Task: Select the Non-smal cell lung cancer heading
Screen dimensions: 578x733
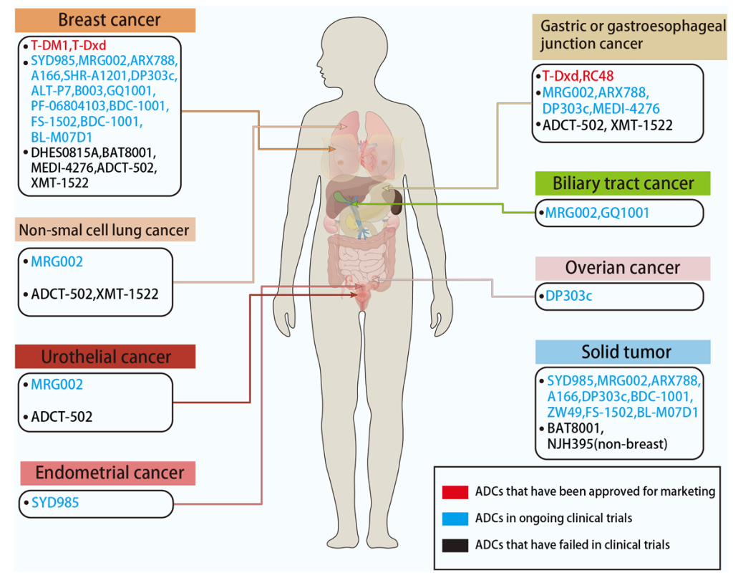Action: coord(104,231)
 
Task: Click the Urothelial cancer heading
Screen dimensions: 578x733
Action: coord(106,357)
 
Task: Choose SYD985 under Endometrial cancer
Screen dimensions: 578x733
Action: coord(55,503)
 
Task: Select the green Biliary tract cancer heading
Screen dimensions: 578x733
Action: coord(623,183)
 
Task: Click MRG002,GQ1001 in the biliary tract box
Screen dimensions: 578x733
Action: coord(597,213)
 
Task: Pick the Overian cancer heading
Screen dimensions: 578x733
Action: coord(623,268)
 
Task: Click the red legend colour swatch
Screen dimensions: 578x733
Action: coord(454,491)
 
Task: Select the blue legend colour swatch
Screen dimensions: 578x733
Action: coord(454,518)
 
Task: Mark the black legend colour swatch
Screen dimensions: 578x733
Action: coord(454,545)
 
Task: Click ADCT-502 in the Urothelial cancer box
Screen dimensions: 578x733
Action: coord(62,416)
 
